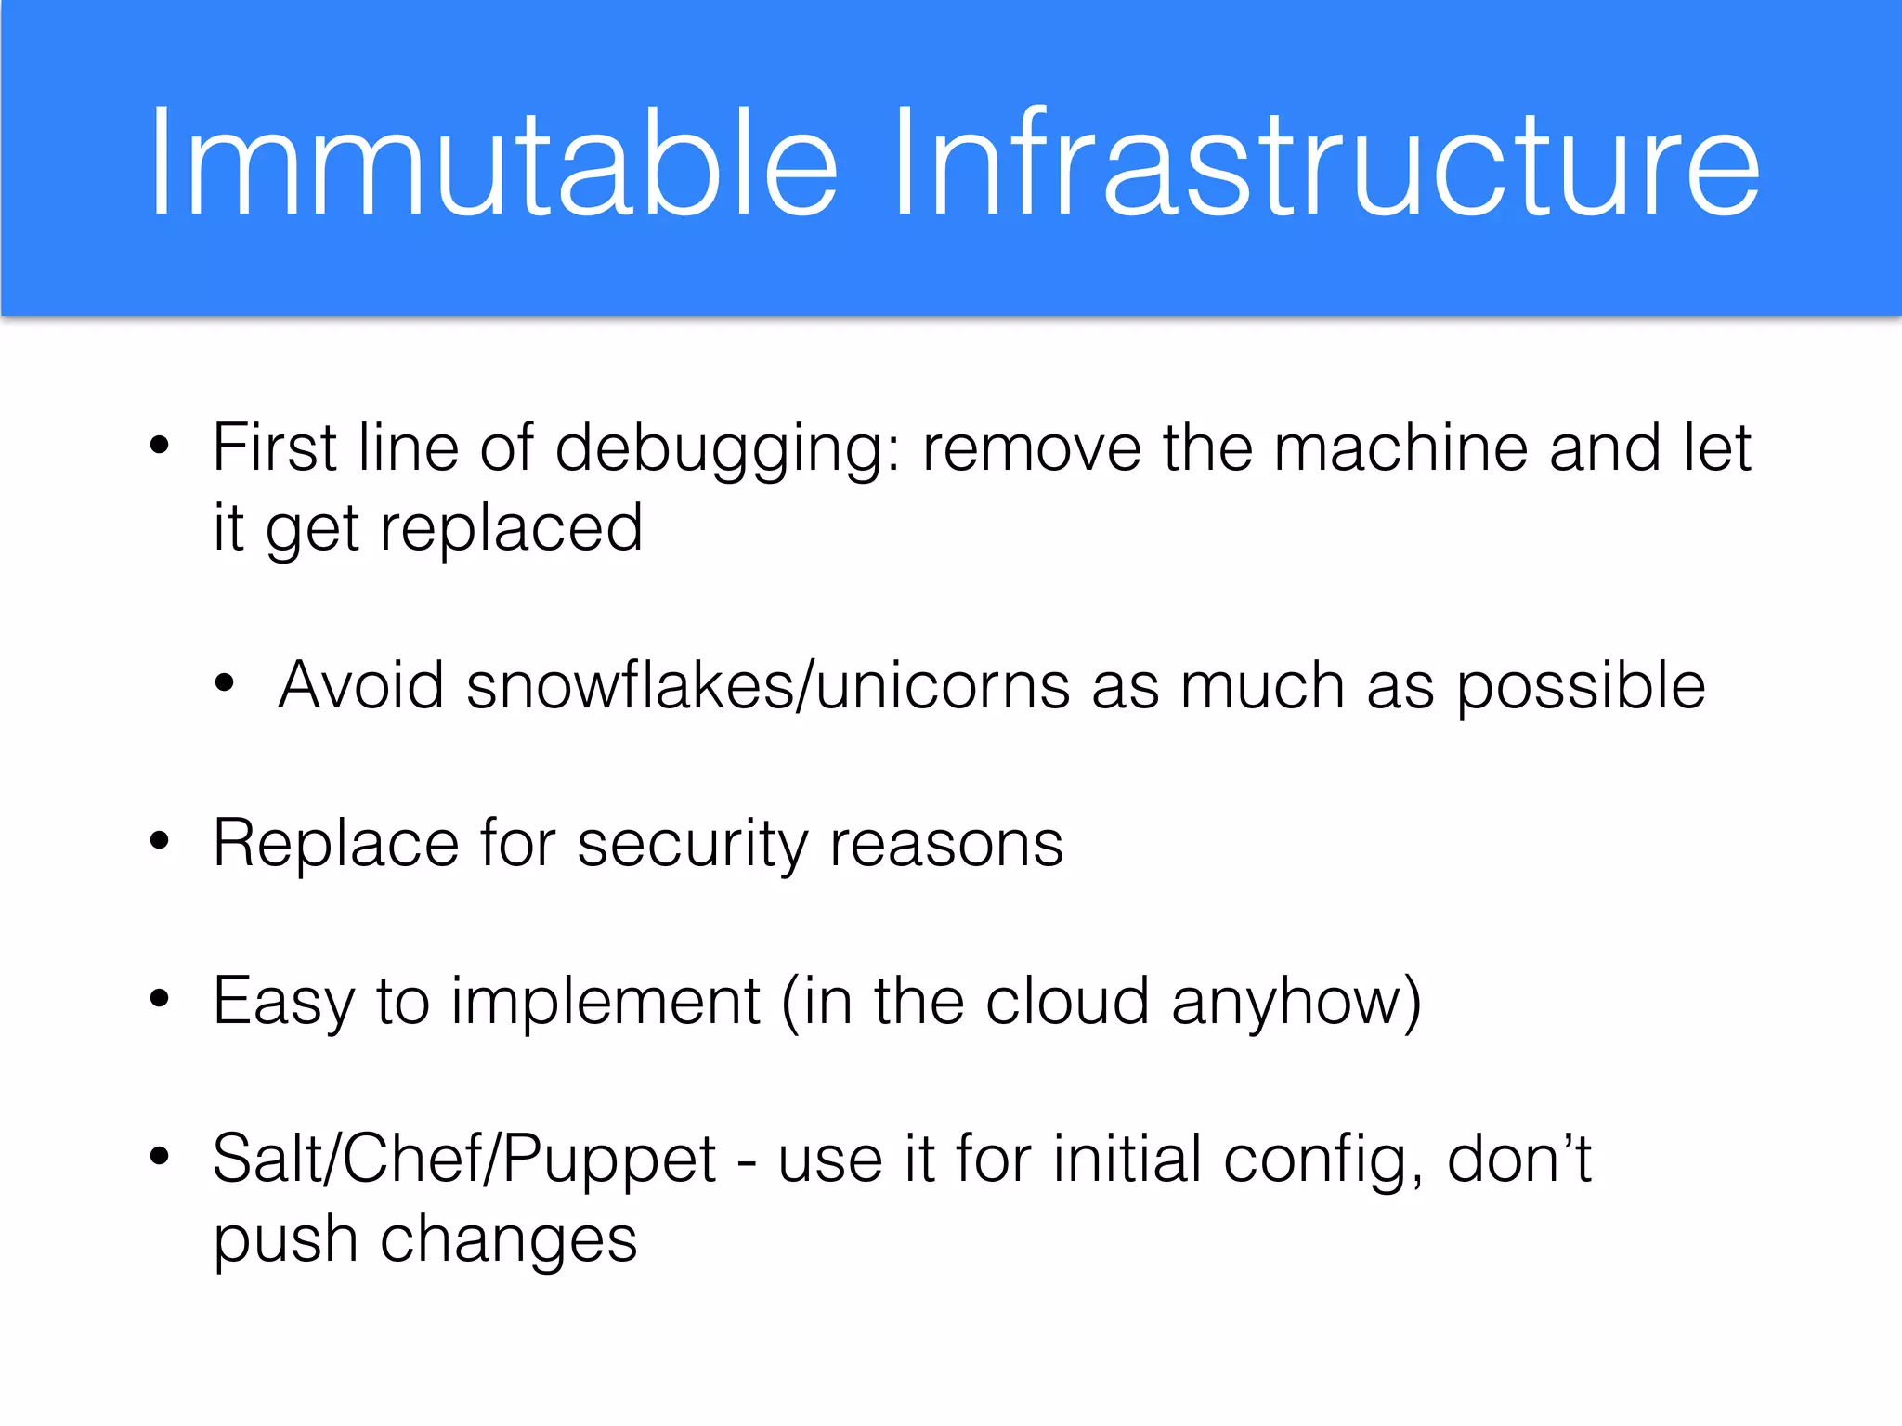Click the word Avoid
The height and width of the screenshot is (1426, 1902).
[361, 686]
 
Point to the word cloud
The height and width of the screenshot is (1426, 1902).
[1067, 1001]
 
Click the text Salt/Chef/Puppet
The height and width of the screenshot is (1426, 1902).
[464, 1161]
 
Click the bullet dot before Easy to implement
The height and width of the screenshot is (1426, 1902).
[160, 999]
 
